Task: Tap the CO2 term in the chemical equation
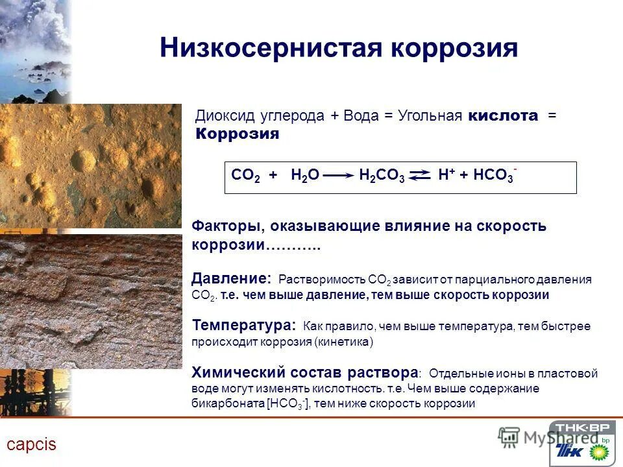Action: click(x=245, y=176)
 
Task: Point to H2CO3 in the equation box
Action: click(x=382, y=176)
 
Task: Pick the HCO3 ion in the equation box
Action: click(x=495, y=176)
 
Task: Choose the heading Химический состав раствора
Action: click(x=305, y=373)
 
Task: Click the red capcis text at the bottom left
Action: click(x=32, y=445)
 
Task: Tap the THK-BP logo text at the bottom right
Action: click(x=583, y=427)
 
